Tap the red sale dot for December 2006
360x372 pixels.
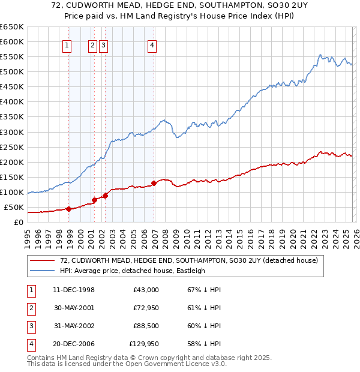(154, 183)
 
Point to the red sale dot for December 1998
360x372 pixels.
(69, 209)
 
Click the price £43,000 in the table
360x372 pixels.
(146, 290)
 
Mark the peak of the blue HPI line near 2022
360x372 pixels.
(320, 55)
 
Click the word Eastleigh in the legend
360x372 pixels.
(191, 271)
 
